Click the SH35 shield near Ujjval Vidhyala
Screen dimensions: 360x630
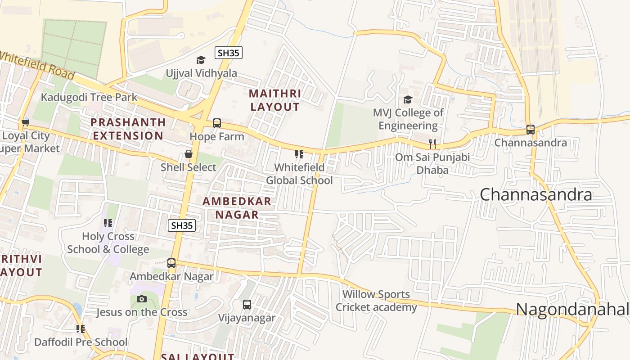click(229, 53)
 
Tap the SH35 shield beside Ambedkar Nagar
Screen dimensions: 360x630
click(182, 225)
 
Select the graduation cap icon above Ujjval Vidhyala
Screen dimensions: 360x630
click(201, 60)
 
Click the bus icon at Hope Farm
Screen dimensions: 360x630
click(217, 123)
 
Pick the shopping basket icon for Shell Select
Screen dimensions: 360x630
click(189, 154)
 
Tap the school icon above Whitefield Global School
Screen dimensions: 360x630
click(299, 154)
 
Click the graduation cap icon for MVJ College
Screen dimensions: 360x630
click(408, 99)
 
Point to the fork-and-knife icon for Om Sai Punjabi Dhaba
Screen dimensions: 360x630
click(432, 144)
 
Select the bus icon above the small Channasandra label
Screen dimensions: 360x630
click(531, 130)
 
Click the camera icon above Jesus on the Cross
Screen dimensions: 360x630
click(142, 299)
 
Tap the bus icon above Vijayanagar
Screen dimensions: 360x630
click(247, 305)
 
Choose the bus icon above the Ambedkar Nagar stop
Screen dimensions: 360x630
click(171, 263)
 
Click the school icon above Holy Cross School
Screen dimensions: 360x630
click(108, 223)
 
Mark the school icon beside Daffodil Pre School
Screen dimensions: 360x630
click(81, 329)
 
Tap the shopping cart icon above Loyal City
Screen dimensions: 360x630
click(25, 122)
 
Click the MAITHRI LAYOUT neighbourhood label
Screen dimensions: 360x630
click(275, 100)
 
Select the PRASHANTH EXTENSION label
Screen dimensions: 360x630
click(128, 129)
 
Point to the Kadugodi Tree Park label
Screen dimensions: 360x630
click(89, 97)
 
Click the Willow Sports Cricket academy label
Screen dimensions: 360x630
click(376, 301)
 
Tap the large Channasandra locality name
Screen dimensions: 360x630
click(535, 194)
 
